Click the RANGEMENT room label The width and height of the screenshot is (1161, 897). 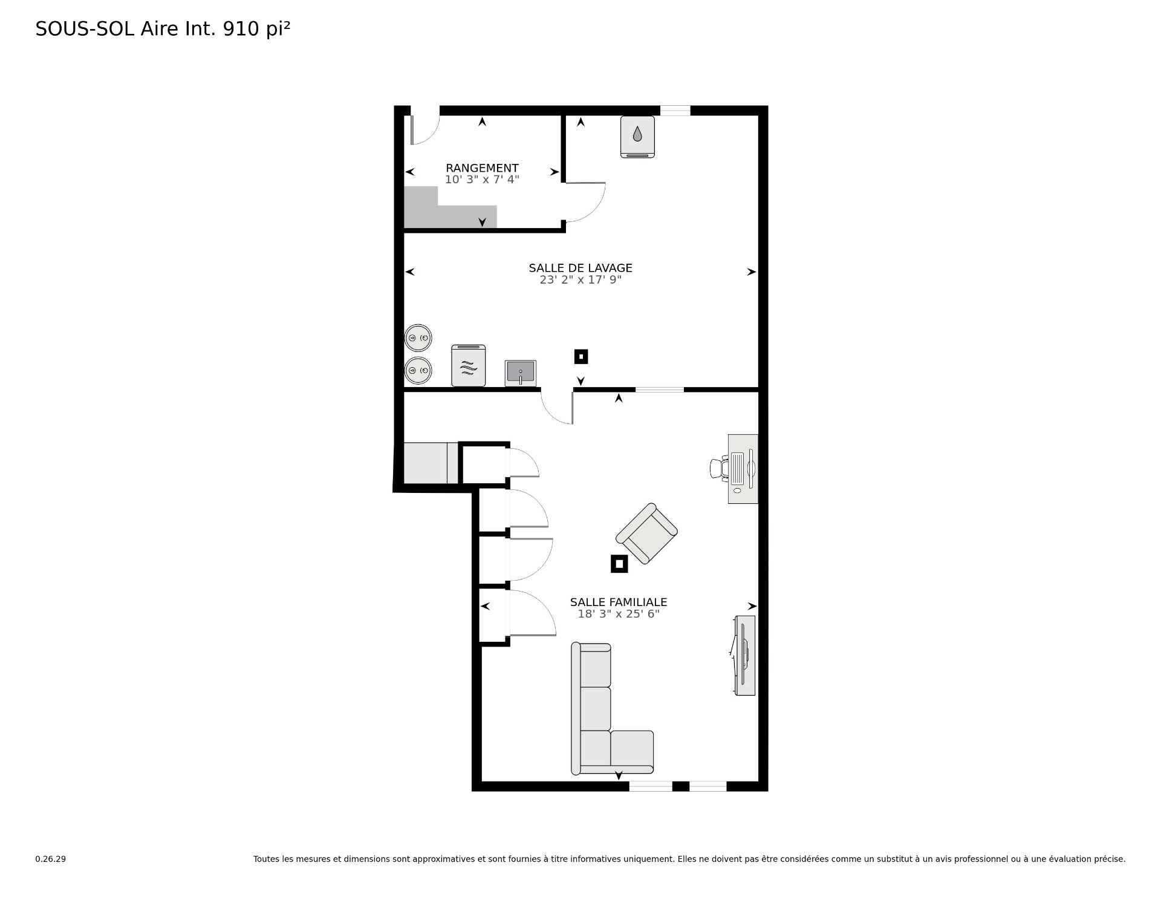tap(482, 168)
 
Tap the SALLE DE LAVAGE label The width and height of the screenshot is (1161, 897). tap(580, 268)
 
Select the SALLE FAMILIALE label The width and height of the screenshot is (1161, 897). tap(619, 602)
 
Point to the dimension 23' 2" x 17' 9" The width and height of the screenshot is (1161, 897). tap(580, 280)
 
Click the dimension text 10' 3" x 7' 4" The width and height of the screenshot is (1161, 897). tap(482, 180)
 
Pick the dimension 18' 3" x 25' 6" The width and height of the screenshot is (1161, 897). tap(619, 614)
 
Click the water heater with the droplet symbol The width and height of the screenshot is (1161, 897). tap(637, 137)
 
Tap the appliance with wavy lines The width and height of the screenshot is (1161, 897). tap(469, 365)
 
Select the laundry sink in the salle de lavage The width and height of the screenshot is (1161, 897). tap(521, 373)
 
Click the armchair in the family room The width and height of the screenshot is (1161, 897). tap(646, 533)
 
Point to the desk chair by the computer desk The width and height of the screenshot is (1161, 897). tap(719, 469)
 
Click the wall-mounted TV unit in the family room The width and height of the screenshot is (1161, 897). tap(744, 655)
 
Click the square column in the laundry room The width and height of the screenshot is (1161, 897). tap(581, 357)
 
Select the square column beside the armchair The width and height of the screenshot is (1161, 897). tap(619, 564)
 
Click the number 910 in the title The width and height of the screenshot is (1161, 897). tap(241, 29)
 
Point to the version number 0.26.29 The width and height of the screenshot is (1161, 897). tap(51, 859)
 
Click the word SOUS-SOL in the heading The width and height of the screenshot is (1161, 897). tap(85, 29)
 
